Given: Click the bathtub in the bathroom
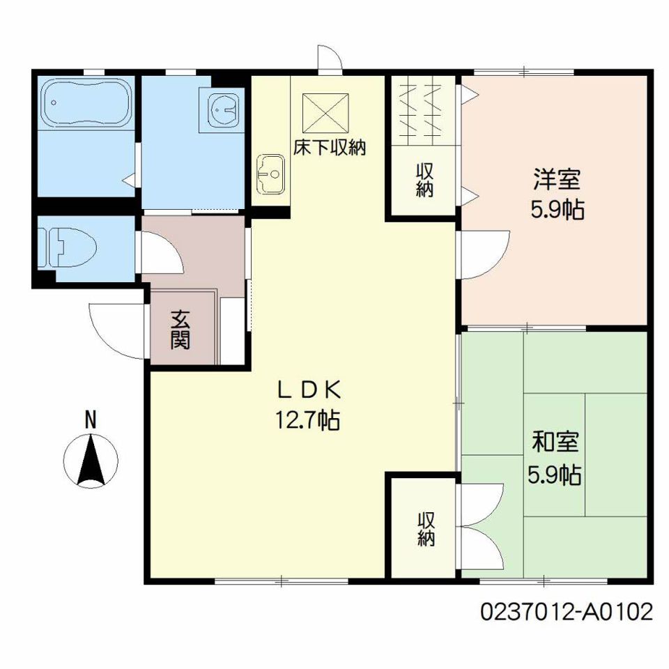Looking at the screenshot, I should tap(86, 103).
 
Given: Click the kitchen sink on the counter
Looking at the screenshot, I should tap(271, 174).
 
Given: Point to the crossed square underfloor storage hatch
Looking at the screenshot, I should tap(325, 112).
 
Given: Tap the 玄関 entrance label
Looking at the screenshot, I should tap(180, 329).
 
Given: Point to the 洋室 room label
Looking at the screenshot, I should tap(557, 180).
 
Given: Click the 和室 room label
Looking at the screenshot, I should tap(555, 442).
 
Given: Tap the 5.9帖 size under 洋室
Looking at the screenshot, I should tap(557, 210).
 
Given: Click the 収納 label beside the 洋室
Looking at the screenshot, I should tap(425, 180).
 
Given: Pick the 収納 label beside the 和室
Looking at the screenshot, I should tap(426, 529).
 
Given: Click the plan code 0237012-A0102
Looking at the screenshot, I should tap(566, 611).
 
